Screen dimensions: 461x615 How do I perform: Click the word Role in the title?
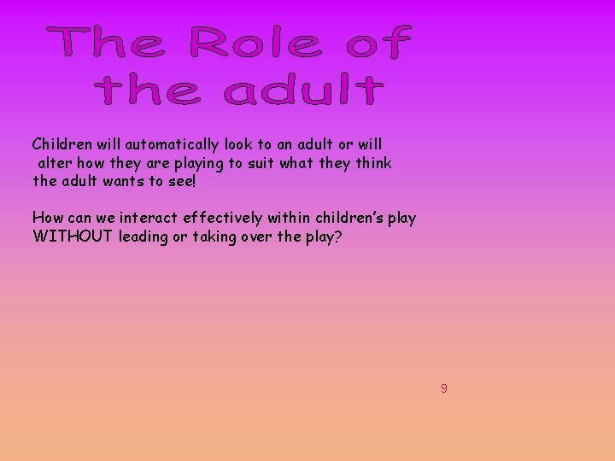255,43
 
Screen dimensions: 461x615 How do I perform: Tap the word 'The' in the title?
107,43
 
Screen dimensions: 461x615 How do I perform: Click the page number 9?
443,388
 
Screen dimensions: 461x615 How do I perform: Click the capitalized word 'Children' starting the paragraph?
60,144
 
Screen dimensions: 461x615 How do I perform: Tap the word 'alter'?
52,162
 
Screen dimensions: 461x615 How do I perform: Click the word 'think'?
373,162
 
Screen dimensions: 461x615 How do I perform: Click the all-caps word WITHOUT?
73,236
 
